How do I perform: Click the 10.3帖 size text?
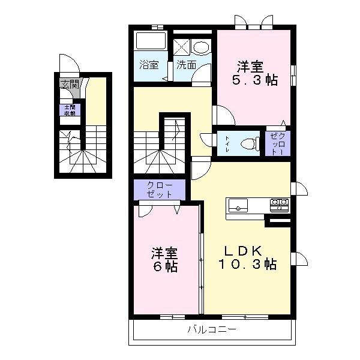247,264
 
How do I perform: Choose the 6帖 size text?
164,266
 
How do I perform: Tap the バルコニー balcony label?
212,329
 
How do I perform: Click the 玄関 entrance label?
70,84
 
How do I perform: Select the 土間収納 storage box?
70,110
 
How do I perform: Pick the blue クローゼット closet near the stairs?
160,190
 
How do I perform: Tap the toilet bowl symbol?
248,143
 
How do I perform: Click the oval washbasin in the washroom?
202,46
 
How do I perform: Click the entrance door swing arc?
67,64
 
